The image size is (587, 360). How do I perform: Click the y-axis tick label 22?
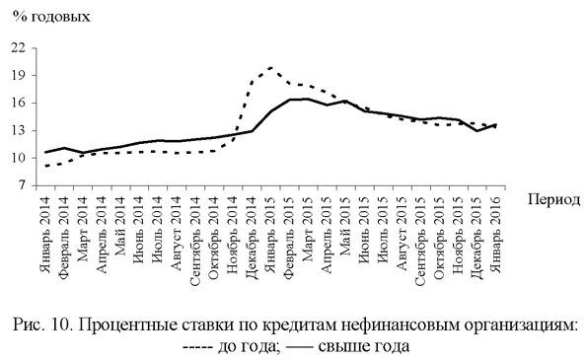coord(17,47)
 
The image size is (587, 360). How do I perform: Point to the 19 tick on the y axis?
coord(17,75)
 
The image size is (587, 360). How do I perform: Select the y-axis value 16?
coord(17,103)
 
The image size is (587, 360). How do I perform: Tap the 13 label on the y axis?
coord(17,130)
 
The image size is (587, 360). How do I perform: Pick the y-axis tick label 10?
coord(17,158)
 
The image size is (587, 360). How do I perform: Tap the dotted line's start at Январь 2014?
coord(47,167)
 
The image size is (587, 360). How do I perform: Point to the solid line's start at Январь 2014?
coord(47,152)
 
